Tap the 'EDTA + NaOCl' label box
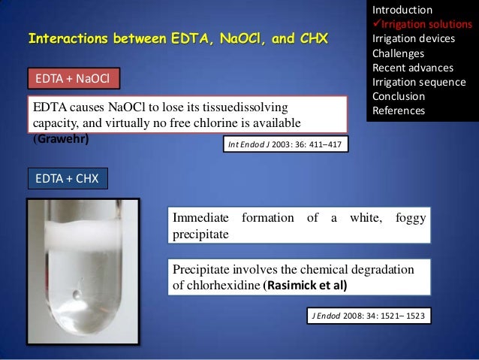pyautogui.click(x=72, y=77)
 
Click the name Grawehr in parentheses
pyautogui.click(x=60, y=138)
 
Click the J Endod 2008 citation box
pyautogui.click(x=370, y=316)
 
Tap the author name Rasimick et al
pyautogui.click(x=306, y=286)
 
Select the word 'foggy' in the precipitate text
pyautogui.click(x=410, y=218)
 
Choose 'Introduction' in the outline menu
pyautogui.click(x=402, y=11)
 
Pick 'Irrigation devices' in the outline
pyautogui.click(x=410, y=39)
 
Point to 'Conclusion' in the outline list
pyautogui.click(x=398, y=96)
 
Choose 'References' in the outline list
pyautogui.click(x=399, y=110)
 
